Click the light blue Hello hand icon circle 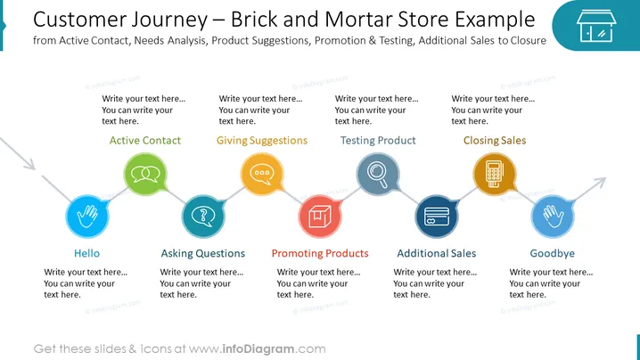click(87, 217)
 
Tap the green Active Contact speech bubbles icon click(145, 175)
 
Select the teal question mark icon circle click(203, 217)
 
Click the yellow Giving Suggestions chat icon click(262, 175)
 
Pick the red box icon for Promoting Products click(320, 217)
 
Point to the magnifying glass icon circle click(378, 175)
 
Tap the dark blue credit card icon click(437, 217)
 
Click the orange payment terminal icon click(495, 175)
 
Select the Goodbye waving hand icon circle click(553, 217)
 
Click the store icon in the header click(596, 26)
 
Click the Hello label click(87, 253)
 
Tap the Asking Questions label click(203, 254)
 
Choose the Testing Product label click(378, 141)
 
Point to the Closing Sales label click(495, 141)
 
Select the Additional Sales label click(437, 253)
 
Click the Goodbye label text click(553, 254)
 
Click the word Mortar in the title click(359, 20)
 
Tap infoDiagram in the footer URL click(258, 349)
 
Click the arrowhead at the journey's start click(29, 164)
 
